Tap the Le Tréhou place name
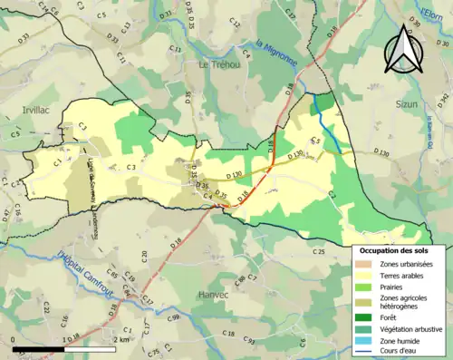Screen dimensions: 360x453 (217, 65)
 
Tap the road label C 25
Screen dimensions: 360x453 (318, 250)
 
